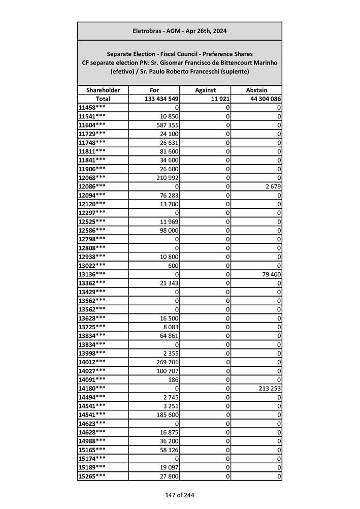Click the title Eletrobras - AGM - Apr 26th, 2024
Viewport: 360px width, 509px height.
[x=179, y=31]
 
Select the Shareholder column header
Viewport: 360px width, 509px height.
[x=103, y=90]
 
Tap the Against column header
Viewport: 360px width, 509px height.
[x=205, y=90]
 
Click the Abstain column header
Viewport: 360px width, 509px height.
[x=256, y=90]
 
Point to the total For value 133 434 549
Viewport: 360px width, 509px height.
[x=158, y=99]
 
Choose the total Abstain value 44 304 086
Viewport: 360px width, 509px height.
[x=266, y=99]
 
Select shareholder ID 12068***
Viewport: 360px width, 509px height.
[x=92, y=177]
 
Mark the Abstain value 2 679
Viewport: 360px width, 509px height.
[x=272, y=186]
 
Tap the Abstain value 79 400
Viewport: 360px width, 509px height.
[x=270, y=274]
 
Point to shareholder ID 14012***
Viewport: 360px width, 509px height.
[x=92, y=362]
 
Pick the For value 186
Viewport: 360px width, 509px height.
[x=173, y=379]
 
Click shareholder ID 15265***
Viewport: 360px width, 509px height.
[x=92, y=476]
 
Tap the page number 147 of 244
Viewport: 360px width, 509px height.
[x=179, y=495]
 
